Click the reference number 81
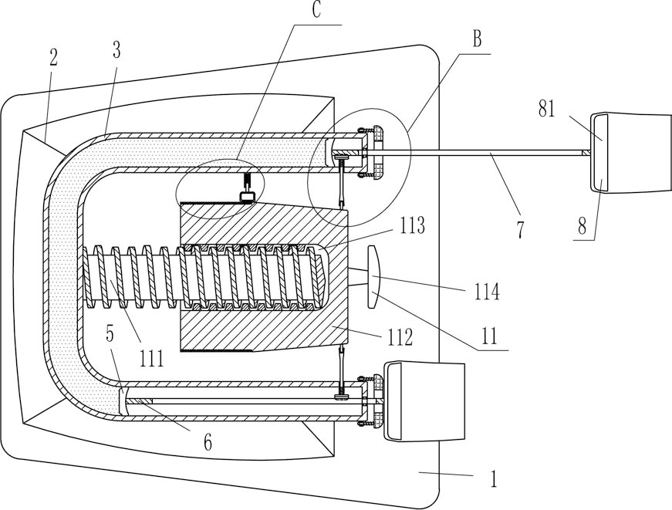coord(547,109)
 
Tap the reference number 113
coord(412,225)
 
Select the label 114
coord(487,292)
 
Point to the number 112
coord(400,337)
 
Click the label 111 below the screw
coord(152,358)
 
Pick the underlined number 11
coord(489,336)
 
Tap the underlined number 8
coord(582,226)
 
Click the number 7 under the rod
coord(520,230)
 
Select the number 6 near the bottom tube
coord(208,442)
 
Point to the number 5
coord(110,334)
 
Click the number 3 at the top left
coord(117,51)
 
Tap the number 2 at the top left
coord(53,57)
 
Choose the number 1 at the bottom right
coord(494,478)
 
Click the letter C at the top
coord(316,10)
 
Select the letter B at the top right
coord(477,39)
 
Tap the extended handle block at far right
coord(631,152)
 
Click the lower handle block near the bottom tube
coord(424,401)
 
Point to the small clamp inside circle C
coord(248,187)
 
